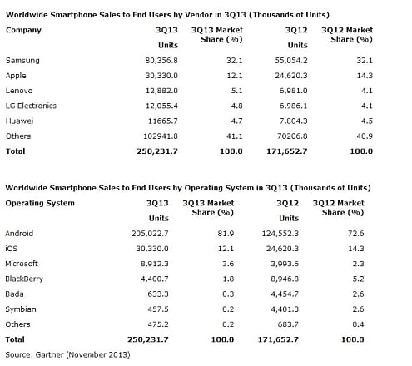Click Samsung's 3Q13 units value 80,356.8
click(x=161, y=61)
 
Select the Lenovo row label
click(x=19, y=91)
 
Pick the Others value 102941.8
click(x=161, y=136)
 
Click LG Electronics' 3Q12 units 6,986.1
click(x=293, y=106)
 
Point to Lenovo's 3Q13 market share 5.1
click(x=236, y=91)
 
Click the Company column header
click(x=23, y=30)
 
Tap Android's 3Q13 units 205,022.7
click(x=150, y=234)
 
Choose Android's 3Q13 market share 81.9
click(x=226, y=234)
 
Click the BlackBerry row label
click(x=24, y=279)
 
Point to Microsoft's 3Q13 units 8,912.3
click(x=155, y=264)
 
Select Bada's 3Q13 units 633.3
click(x=158, y=294)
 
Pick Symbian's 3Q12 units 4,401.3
click(x=285, y=309)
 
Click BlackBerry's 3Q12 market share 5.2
click(x=358, y=279)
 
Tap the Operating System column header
click(x=40, y=203)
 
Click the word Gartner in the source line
click(x=49, y=354)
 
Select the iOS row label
click(x=12, y=249)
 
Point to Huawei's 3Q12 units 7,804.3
click(x=293, y=121)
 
